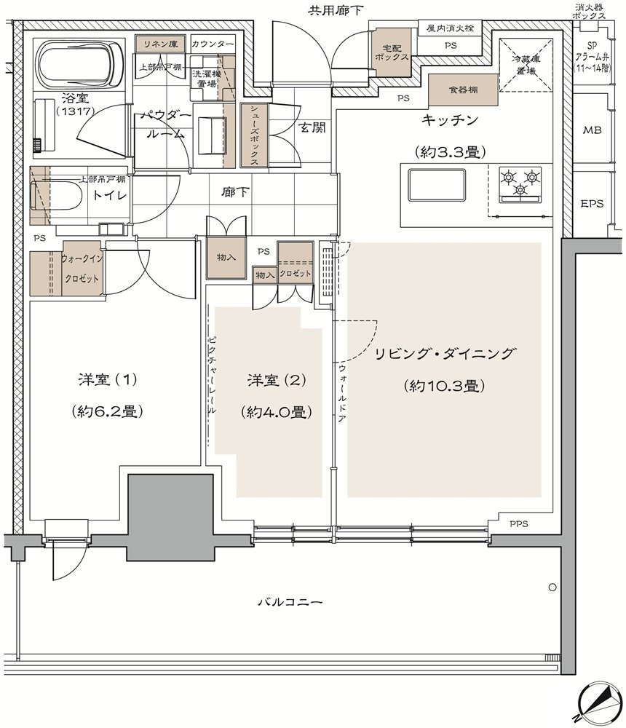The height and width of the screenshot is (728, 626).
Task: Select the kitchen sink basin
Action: click(x=436, y=185)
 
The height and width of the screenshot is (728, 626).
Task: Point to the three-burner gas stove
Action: click(x=520, y=185)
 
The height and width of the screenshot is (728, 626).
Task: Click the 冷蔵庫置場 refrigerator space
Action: click(x=526, y=66)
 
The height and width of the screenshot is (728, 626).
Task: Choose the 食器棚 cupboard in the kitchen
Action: click(x=463, y=89)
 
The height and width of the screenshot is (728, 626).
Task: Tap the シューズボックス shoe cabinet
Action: click(x=254, y=135)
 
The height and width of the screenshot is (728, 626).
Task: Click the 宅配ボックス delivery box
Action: click(x=392, y=52)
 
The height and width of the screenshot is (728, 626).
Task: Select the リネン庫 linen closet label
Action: click(x=160, y=44)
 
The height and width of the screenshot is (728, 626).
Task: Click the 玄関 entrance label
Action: click(x=312, y=127)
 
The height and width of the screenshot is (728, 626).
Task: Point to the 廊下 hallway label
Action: click(x=235, y=191)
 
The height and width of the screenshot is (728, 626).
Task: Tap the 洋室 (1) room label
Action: click(x=108, y=380)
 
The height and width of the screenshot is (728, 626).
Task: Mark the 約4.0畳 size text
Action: click(x=277, y=412)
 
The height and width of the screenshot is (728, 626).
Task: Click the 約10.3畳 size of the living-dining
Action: click(x=445, y=385)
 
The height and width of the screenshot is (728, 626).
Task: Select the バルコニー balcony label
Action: click(x=290, y=602)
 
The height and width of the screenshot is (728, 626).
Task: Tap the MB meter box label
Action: click(x=592, y=130)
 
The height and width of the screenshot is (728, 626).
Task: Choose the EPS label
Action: click(x=592, y=203)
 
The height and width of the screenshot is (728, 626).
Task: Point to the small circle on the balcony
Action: click(x=552, y=587)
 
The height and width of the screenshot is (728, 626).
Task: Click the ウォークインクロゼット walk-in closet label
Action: click(x=81, y=269)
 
